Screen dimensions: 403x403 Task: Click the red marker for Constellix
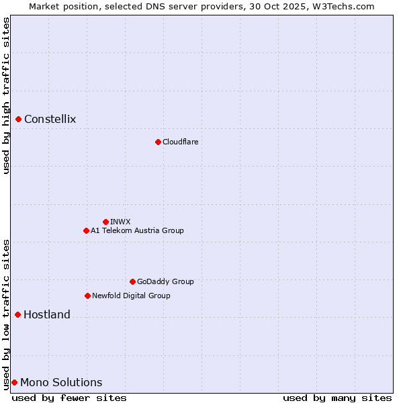(19, 120)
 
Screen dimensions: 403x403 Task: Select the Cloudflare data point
(158, 142)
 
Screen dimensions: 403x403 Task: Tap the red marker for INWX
(105, 222)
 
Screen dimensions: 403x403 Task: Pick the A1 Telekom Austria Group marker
(86, 230)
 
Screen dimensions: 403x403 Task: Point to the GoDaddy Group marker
(132, 281)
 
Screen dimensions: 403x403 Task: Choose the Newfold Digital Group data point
(87, 296)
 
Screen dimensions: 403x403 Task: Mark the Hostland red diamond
(18, 314)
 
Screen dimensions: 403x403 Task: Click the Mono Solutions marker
(14, 382)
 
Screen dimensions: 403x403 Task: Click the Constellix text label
(50, 120)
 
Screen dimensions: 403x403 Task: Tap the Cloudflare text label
(180, 142)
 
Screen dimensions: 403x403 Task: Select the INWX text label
(120, 222)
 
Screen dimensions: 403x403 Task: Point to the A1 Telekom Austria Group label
(137, 230)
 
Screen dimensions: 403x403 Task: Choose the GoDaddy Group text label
(165, 281)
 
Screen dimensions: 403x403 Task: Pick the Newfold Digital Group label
(131, 296)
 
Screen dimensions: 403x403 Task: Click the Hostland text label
(47, 314)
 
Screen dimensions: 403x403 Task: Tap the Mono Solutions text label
(61, 382)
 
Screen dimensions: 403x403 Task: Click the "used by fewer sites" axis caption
(69, 398)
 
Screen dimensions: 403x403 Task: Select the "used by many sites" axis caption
(337, 398)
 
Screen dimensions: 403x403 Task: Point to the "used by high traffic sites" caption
(6, 95)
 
